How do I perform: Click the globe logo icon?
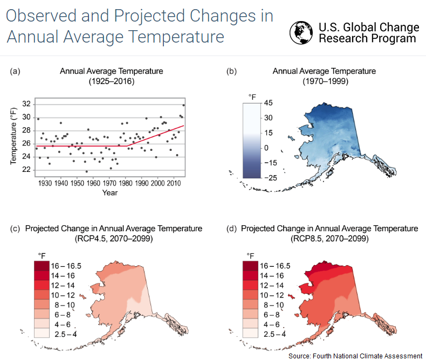(302, 33)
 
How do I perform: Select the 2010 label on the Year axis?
(174, 184)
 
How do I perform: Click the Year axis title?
(110, 192)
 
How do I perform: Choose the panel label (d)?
(231, 229)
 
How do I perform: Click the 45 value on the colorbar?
(269, 103)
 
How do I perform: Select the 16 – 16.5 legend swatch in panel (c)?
(42, 266)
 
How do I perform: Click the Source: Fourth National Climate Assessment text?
(355, 356)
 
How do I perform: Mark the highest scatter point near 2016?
(183, 105)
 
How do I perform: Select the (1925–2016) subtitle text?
(111, 81)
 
